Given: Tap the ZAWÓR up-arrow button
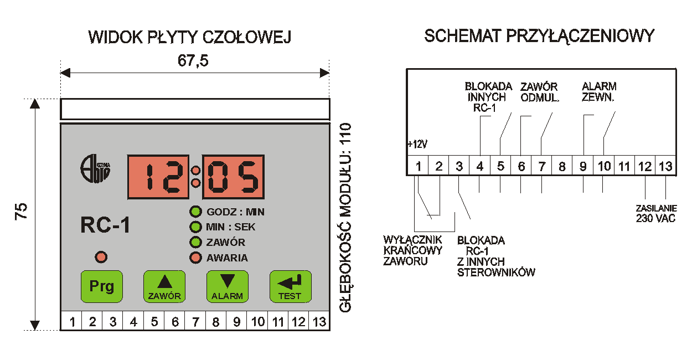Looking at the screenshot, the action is pos(164,286).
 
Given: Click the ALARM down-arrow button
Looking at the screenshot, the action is pos(228,286).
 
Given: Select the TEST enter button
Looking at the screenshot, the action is pos(291,286).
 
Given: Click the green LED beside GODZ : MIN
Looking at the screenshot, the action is pos(195,212).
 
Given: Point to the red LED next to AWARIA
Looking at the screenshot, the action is pos(195,258).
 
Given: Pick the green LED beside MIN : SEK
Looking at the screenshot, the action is pos(195,227).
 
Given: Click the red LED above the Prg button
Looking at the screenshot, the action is pos(101,257).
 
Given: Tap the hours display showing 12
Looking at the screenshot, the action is pos(158,177).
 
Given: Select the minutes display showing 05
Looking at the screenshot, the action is pos(233,177).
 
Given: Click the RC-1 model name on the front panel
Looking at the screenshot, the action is pos(105,225).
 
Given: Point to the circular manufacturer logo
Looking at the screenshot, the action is pos(95,169).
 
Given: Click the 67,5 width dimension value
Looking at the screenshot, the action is pos(193,60).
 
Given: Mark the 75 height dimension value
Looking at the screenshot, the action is pos(22,212).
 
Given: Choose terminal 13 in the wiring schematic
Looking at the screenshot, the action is pos(665,166).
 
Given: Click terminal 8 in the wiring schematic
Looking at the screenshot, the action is pos(562,166).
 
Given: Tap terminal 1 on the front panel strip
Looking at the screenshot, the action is pos(73,322).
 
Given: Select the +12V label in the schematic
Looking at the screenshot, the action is pos(417,145).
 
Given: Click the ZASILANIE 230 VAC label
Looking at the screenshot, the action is pos(656,214).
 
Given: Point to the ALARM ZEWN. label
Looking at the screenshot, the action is pos(599,92).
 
